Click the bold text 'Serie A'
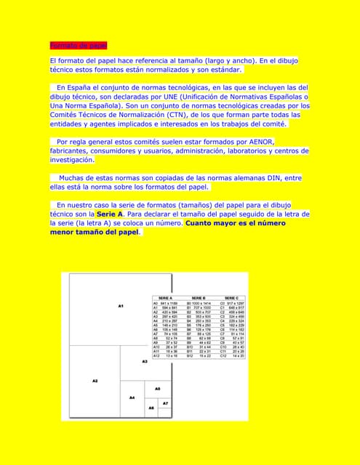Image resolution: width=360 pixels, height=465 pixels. pyautogui.click(x=110, y=214)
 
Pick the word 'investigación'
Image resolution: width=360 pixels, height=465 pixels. pyautogui.click(x=71, y=159)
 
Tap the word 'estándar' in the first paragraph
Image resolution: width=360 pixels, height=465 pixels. pyautogui.click(x=220, y=70)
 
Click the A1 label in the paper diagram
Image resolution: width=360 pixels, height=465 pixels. pyautogui.click(x=120, y=306)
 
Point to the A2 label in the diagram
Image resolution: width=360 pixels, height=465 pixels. pyautogui.click(x=95, y=380)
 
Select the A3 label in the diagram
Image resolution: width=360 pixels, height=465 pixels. pyautogui.click(x=145, y=360)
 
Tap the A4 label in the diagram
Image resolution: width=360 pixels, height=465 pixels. pyautogui.click(x=132, y=397)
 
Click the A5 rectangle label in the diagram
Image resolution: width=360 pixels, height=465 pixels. pyautogui.click(x=157, y=389)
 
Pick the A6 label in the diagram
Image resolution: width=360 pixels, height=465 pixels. pyautogui.click(x=151, y=408)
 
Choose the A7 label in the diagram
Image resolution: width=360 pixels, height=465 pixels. pyautogui.click(x=165, y=403)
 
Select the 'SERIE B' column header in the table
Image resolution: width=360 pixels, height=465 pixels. pyautogui.click(x=199, y=298)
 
